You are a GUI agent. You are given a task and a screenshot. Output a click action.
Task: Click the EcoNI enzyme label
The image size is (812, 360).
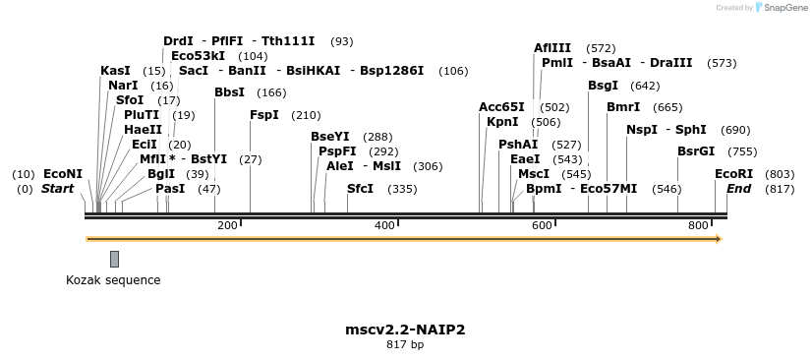(x=63, y=174)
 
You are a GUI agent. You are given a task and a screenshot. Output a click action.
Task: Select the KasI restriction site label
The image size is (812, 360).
(x=115, y=71)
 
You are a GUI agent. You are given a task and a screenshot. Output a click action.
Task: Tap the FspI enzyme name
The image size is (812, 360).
(x=264, y=115)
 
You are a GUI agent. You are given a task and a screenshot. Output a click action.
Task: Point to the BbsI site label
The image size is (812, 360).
(x=229, y=92)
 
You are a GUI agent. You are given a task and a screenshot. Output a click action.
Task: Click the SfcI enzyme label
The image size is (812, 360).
(x=360, y=189)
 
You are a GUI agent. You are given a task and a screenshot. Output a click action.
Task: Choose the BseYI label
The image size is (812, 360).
(x=329, y=137)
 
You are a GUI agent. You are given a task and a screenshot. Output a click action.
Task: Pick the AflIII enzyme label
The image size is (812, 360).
(x=551, y=48)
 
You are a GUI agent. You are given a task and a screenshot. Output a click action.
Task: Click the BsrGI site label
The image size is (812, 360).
(x=696, y=151)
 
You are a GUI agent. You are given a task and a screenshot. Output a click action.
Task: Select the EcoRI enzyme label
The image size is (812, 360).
(x=733, y=174)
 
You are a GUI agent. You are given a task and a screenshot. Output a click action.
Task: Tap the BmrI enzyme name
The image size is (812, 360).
(x=623, y=107)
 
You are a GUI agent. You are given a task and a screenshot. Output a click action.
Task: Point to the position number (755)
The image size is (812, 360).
(x=742, y=151)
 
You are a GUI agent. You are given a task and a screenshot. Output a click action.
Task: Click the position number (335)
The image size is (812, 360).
(x=402, y=189)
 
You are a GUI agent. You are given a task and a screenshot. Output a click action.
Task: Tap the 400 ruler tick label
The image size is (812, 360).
(x=385, y=225)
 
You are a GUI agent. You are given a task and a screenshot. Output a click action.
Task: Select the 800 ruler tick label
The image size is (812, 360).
(x=699, y=225)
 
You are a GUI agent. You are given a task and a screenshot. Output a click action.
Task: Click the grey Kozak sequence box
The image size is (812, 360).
(x=114, y=259)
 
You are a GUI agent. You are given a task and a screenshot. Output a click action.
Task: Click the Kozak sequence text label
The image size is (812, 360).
(x=113, y=280)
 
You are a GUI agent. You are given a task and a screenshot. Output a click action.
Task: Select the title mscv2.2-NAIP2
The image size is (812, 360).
(x=405, y=329)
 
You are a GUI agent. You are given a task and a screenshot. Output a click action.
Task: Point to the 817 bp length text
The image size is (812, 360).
(x=405, y=344)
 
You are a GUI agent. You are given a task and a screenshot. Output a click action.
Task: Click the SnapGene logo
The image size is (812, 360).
(x=781, y=8)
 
